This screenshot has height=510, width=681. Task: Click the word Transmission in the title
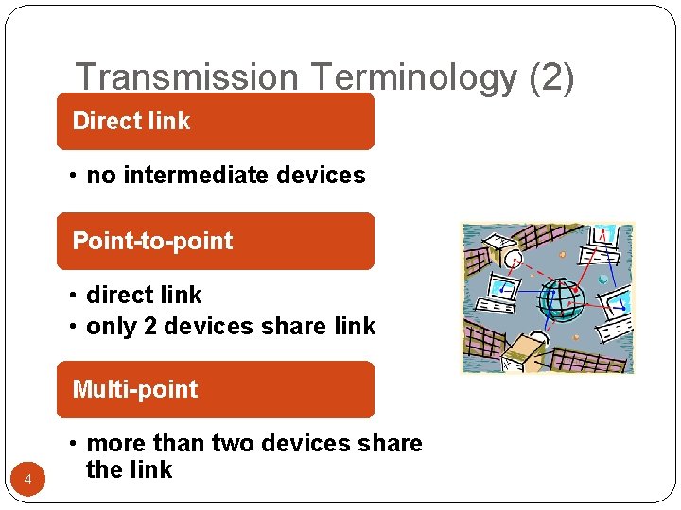tap(166, 78)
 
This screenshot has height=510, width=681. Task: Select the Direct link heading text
tap(131, 121)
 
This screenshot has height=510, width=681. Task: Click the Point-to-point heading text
tap(152, 241)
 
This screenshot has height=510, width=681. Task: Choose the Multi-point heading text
tap(135, 389)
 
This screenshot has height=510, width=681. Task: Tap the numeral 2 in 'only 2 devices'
tap(139, 327)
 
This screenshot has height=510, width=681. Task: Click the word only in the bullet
tap(106, 327)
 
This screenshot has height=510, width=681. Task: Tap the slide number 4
tap(28, 481)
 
